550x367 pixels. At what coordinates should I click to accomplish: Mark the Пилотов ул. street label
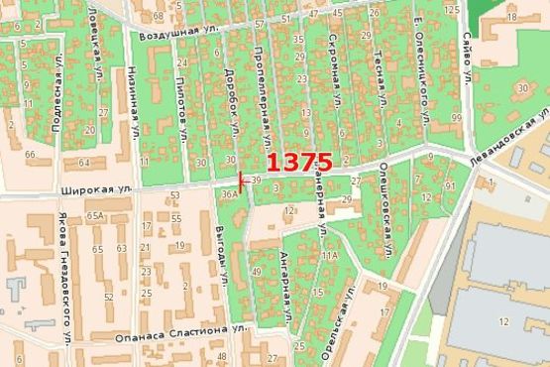(181, 105)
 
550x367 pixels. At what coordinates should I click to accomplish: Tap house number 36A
(229, 195)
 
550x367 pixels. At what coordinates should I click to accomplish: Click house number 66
(30, 155)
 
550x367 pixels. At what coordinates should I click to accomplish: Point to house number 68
(158, 17)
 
